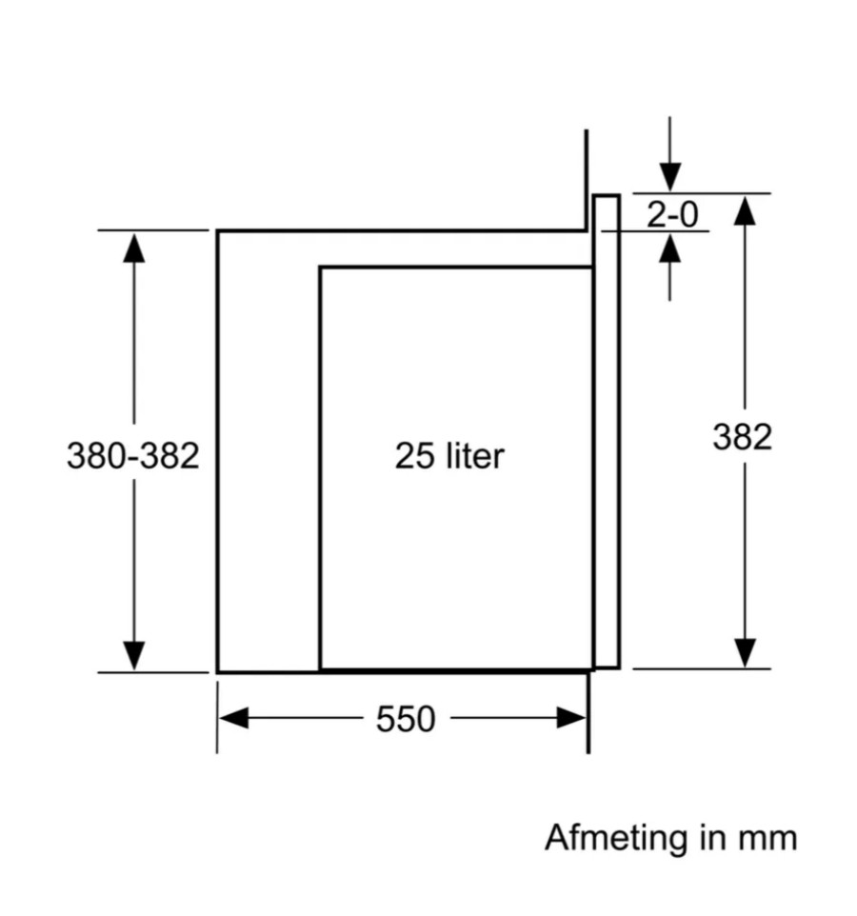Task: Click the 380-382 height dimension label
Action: click(x=133, y=455)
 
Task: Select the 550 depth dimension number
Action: click(x=406, y=719)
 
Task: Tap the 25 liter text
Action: click(x=449, y=456)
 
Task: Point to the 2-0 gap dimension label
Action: click(x=672, y=214)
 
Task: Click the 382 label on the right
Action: click(x=742, y=436)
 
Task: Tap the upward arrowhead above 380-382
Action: click(x=133, y=248)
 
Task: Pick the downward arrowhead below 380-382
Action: click(x=133, y=655)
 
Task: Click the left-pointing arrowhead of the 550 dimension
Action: click(x=233, y=718)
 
